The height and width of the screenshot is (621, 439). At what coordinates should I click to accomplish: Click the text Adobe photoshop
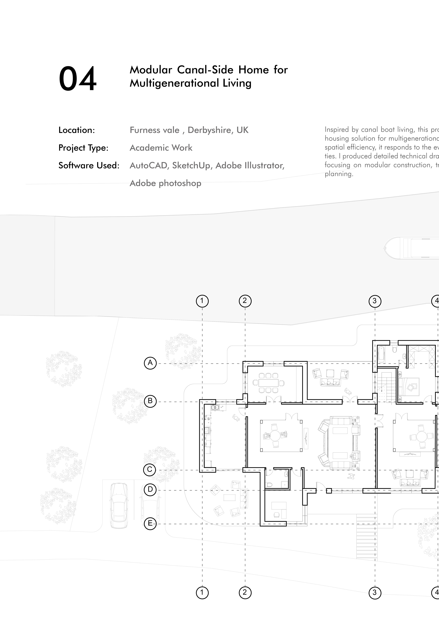(x=165, y=183)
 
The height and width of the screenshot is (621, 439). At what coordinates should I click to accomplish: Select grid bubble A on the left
(x=150, y=363)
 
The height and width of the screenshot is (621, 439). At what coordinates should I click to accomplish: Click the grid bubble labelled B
(x=150, y=401)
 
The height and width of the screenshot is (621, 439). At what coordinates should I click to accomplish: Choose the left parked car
(x=119, y=505)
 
